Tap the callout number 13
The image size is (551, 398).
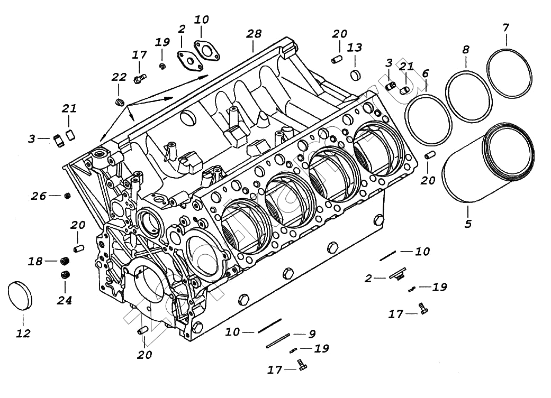click(x=354, y=48)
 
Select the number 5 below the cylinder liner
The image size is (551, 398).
click(x=467, y=224)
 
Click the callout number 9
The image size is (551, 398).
click(x=312, y=334)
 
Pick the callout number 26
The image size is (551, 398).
click(x=38, y=196)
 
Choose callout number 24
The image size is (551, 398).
click(x=65, y=301)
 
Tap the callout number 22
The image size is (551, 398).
click(x=119, y=77)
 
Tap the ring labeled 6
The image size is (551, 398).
click(x=428, y=119)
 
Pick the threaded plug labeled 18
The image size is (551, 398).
click(x=66, y=261)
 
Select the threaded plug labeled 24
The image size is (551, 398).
click(x=66, y=274)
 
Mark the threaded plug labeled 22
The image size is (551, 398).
click(x=119, y=101)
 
